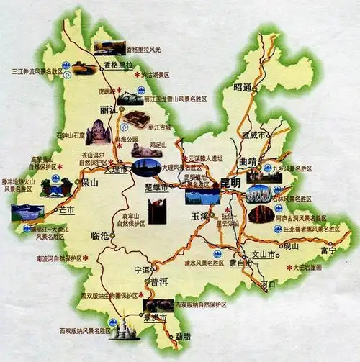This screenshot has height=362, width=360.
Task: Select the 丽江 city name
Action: pyautogui.click(x=109, y=109)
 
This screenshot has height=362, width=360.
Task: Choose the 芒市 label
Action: pyautogui.click(x=67, y=210)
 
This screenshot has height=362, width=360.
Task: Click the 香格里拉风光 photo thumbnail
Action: pyautogui.click(x=109, y=48)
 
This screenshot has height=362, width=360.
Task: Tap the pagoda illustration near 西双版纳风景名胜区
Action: pyautogui.click(x=125, y=329)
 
